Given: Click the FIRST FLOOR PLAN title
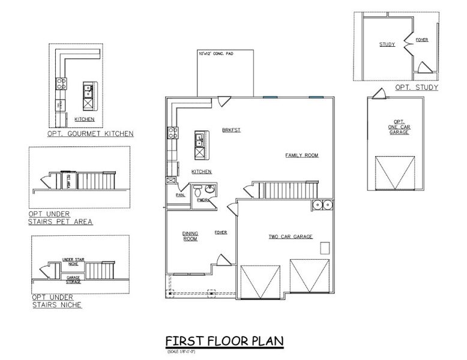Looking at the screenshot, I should coord(224,341).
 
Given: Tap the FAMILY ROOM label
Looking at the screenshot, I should coord(301,155).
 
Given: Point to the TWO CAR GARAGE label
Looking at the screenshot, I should coord(290,236).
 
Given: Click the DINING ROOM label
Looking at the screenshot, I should coord(190,236).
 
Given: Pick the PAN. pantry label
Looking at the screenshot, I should coord(179,194).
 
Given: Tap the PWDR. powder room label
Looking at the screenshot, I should coord(202,200).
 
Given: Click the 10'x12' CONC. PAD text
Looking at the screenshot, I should coord(216,54).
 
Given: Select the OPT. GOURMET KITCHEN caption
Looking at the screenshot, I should coord(90,134).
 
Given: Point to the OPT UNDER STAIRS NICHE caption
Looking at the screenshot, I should coord(56,301).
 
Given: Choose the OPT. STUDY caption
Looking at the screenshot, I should coord(416,88).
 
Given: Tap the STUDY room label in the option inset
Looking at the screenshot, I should coord(387,44).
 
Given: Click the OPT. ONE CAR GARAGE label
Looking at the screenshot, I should coord(399,127).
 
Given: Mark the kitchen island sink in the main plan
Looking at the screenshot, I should coord(199,142).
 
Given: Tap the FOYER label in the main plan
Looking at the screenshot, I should coord(220,232).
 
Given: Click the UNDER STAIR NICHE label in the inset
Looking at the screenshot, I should coord(73,261).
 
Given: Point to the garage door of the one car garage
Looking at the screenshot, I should coord(394,172).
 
